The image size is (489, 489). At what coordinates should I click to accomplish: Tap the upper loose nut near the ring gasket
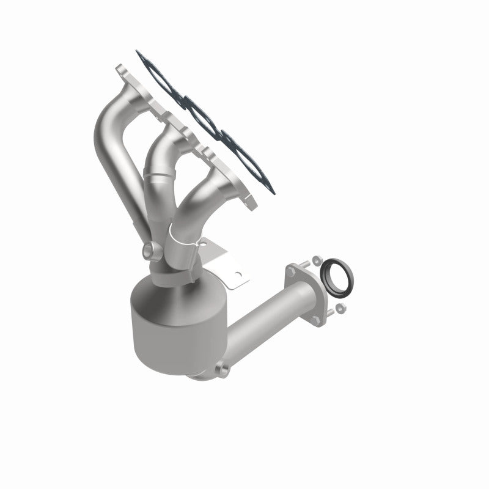pos(316,260)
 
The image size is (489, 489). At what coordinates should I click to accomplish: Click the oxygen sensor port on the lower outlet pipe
pos(224,369)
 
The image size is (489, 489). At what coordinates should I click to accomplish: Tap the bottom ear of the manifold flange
pos(249,202)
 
